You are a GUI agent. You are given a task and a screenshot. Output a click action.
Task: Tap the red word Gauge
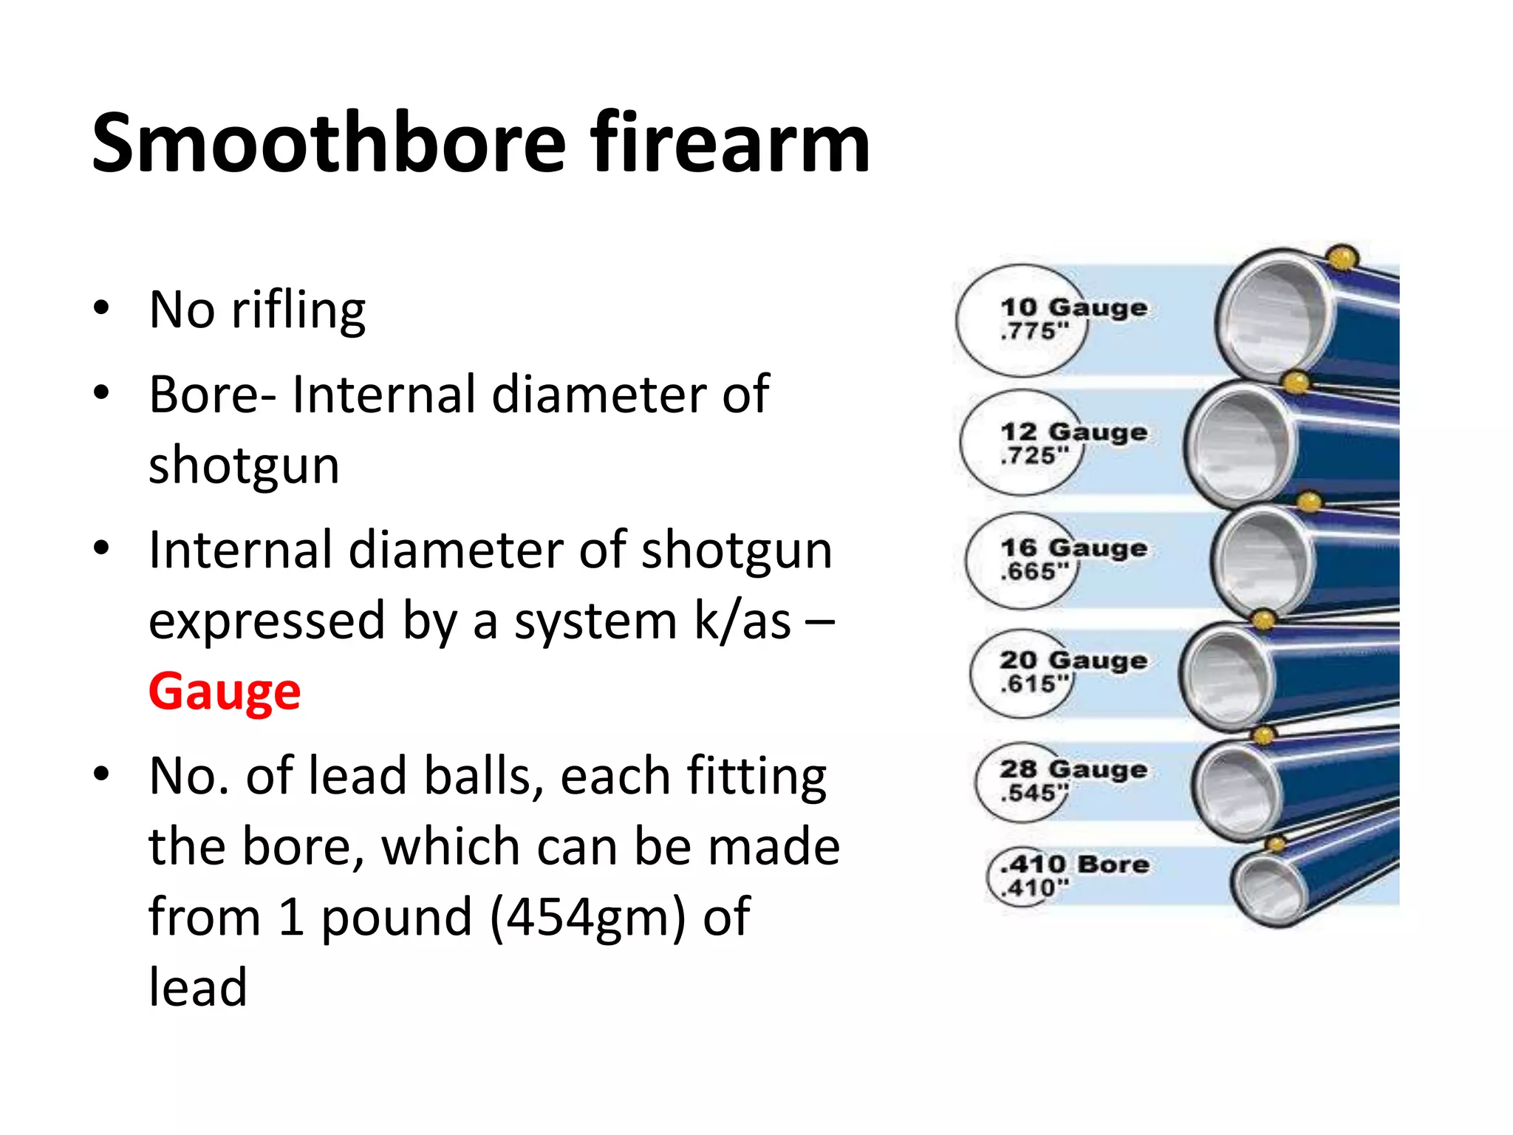click(x=225, y=692)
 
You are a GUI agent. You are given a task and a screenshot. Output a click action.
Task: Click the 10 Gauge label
click(x=1073, y=307)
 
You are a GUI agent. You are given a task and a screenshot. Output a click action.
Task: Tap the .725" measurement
click(x=1034, y=456)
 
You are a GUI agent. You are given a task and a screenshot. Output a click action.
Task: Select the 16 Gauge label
click(x=1073, y=548)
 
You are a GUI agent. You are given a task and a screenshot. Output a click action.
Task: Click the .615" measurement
click(x=1034, y=684)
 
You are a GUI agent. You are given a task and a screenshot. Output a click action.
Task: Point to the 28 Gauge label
click(x=1073, y=770)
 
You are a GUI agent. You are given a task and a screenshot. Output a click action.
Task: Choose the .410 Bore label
click(x=1075, y=865)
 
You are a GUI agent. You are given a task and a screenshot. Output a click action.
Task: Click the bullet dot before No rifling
click(x=102, y=308)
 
